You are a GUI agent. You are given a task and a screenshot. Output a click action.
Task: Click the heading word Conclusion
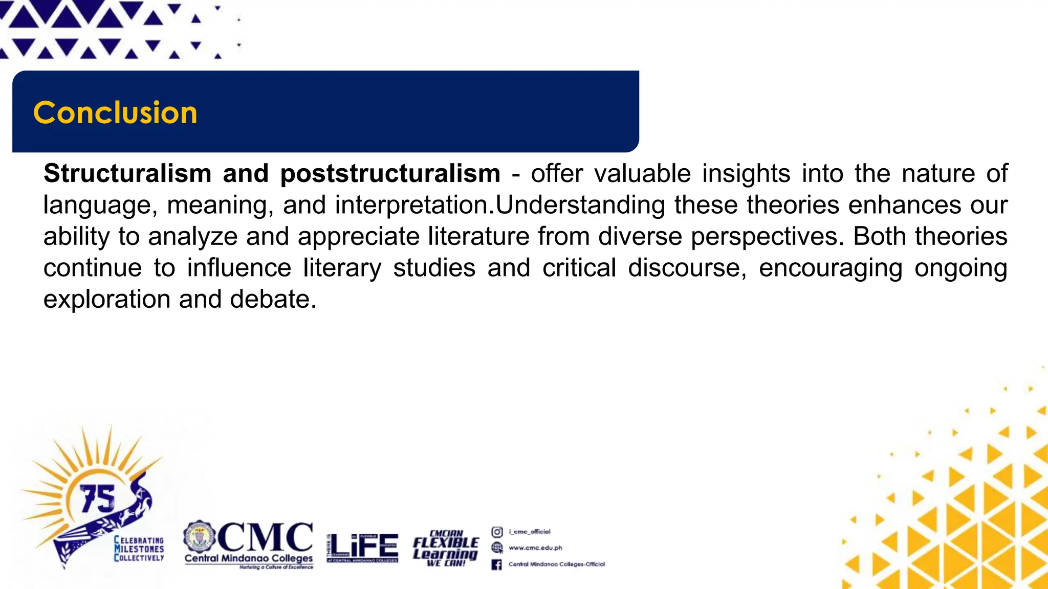(x=115, y=112)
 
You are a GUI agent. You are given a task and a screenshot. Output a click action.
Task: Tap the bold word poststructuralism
(x=390, y=173)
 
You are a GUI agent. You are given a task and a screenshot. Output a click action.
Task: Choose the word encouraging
(x=830, y=268)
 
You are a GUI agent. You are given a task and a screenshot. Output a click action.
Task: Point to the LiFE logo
(x=362, y=547)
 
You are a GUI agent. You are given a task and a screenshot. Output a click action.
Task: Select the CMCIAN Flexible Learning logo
(x=446, y=548)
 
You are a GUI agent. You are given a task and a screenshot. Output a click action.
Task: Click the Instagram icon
(x=497, y=532)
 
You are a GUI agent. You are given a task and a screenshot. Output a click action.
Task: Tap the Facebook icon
(x=496, y=564)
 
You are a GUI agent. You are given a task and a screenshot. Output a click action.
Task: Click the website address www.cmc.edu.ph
(x=535, y=548)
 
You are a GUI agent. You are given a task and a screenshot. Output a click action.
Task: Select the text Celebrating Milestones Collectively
(x=139, y=549)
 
